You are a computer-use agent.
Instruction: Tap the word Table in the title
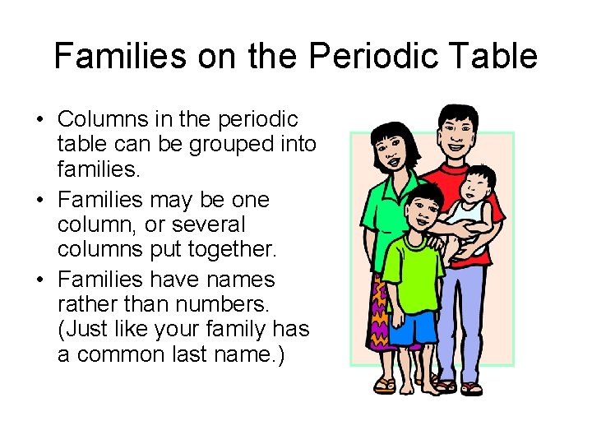coord(498,56)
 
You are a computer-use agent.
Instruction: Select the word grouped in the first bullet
coord(234,145)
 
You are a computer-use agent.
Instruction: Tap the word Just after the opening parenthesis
coord(90,330)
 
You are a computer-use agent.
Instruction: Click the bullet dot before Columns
coord(40,119)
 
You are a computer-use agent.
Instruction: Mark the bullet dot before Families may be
coord(40,199)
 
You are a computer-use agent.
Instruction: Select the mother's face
coord(392,151)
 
